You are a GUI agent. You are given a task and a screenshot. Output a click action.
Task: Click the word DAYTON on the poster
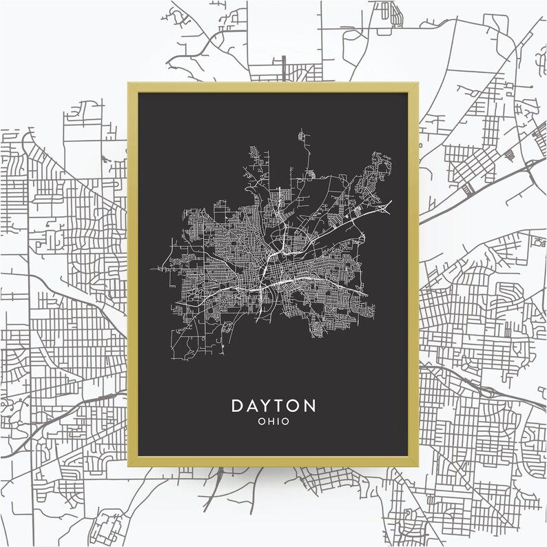(x=273, y=406)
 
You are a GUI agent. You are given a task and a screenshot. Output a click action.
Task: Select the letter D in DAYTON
(x=238, y=406)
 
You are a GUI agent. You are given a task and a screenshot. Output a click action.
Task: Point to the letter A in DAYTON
(x=253, y=406)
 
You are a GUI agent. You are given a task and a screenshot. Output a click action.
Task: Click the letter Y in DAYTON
(x=267, y=406)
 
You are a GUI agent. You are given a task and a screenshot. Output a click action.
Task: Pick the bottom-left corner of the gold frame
(x=128, y=466)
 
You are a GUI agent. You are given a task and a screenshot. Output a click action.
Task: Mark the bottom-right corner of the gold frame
(x=419, y=466)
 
